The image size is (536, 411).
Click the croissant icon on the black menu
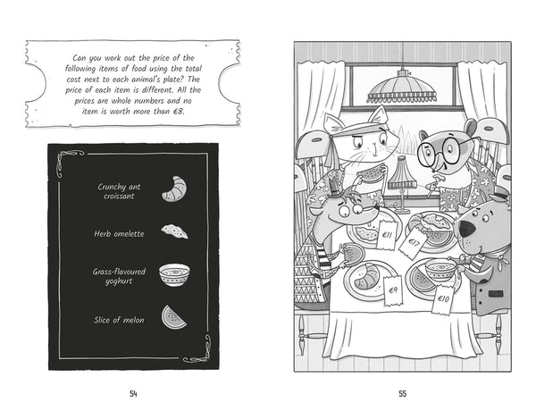click(175, 189)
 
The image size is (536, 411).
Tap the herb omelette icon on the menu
click(175, 231)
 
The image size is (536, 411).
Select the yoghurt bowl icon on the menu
click(174, 275)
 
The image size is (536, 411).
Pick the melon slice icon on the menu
click(173, 318)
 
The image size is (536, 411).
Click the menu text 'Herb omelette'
click(119, 234)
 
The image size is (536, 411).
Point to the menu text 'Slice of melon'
click(119, 320)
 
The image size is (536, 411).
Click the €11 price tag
click(387, 235)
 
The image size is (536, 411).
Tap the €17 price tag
click(414, 244)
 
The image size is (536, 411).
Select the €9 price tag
click(393, 290)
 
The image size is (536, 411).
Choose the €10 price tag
click(443, 298)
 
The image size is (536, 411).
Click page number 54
click(133, 394)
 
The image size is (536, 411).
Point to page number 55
click(403, 394)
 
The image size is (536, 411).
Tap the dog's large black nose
click(466, 229)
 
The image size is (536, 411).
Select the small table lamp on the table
click(402, 183)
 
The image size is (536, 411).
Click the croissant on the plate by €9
click(366, 277)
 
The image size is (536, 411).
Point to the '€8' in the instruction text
click(178, 112)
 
